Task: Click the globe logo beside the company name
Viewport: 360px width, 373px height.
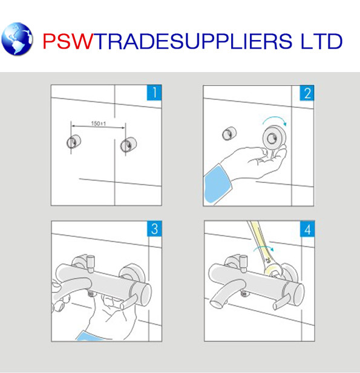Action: [x=18, y=39]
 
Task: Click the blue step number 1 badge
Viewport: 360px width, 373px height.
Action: [x=154, y=93]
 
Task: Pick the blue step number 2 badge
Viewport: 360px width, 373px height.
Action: [x=307, y=93]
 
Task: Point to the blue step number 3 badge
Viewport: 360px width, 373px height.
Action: [x=154, y=229]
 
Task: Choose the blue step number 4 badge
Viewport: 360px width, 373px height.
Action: [x=307, y=229]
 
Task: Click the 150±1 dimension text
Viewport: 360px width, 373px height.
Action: [x=99, y=124]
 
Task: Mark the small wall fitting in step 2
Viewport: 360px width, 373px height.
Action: [x=229, y=133]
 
